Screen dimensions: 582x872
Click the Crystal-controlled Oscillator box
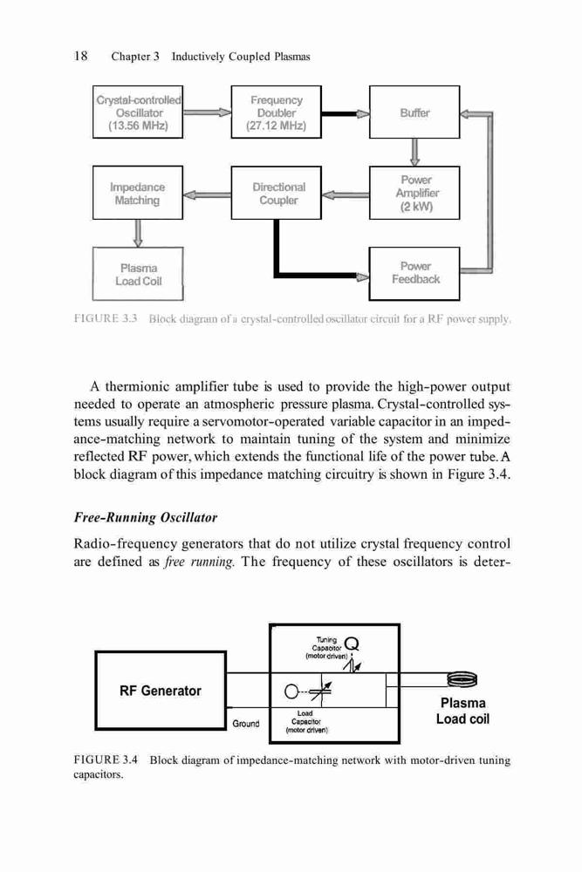click(x=138, y=112)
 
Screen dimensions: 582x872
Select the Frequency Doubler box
click(x=276, y=112)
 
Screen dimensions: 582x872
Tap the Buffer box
click(x=414, y=112)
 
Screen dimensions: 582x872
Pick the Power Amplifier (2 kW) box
click(x=414, y=193)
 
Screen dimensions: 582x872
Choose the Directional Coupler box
click(x=276, y=193)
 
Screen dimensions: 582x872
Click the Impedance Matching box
click(x=138, y=193)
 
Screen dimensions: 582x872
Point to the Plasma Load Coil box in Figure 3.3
click(x=138, y=274)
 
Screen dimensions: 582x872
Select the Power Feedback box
click(x=414, y=274)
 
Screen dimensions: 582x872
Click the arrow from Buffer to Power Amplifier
click(x=414, y=153)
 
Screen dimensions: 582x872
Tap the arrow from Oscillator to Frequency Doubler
click(x=207, y=112)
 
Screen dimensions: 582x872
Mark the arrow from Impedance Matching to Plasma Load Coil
click(x=138, y=234)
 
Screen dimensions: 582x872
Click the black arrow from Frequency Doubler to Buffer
click(x=346, y=114)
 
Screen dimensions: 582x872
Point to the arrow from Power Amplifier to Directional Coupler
click(x=346, y=194)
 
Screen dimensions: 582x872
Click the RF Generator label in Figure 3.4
click(x=161, y=691)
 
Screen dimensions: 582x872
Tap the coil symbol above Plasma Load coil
click(x=462, y=679)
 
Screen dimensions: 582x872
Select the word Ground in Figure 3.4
click(x=246, y=724)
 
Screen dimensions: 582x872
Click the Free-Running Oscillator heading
click(x=145, y=518)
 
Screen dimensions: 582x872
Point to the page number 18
click(x=80, y=56)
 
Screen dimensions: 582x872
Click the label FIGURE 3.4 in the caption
click(x=106, y=760)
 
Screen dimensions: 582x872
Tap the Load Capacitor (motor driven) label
click(x=305, y=722)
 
